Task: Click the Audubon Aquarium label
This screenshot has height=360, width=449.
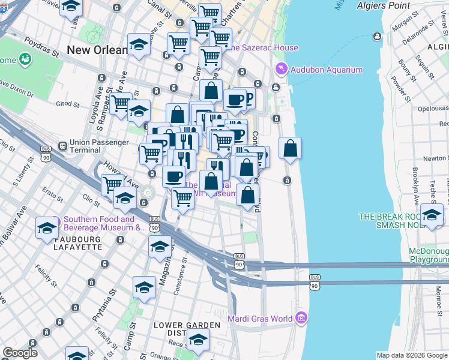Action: pos(327,70)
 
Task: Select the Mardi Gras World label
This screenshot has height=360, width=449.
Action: pos(260,318)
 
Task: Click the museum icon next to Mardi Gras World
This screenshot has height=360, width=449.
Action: pos(301,317)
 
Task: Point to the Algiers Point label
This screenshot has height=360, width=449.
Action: pos(383,5)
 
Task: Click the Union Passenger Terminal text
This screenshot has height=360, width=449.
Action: pos(99,146)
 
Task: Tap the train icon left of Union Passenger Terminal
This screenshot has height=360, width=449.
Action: pos(62,146)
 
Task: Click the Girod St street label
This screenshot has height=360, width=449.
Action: pos(67,104)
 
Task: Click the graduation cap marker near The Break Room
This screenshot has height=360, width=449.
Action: pos(432,215)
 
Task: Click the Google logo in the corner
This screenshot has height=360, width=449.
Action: pos(19,353)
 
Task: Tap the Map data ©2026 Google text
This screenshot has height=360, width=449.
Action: pos(412,355)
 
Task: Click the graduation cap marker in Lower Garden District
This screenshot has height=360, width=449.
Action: pos(198,340)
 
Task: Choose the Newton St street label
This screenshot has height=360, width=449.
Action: pos(436,158)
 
